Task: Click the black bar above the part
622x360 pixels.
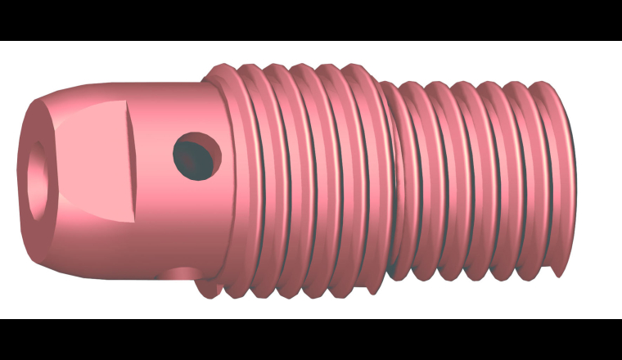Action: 311,20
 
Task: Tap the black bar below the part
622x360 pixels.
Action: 311,340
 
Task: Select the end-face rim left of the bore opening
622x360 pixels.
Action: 24,176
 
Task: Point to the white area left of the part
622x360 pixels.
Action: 8,180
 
